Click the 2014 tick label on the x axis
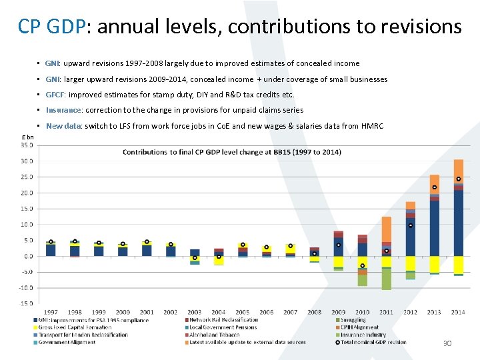458,312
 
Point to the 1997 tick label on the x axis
51,312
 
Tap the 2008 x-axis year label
314,312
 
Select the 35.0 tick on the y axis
27,145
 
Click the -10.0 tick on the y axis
26,288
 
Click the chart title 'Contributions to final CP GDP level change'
231,152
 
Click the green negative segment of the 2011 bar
387,279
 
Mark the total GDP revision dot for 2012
411,225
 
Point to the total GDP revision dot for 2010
363,266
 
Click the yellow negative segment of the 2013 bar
435,264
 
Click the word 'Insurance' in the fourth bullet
63,110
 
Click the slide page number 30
447,343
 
